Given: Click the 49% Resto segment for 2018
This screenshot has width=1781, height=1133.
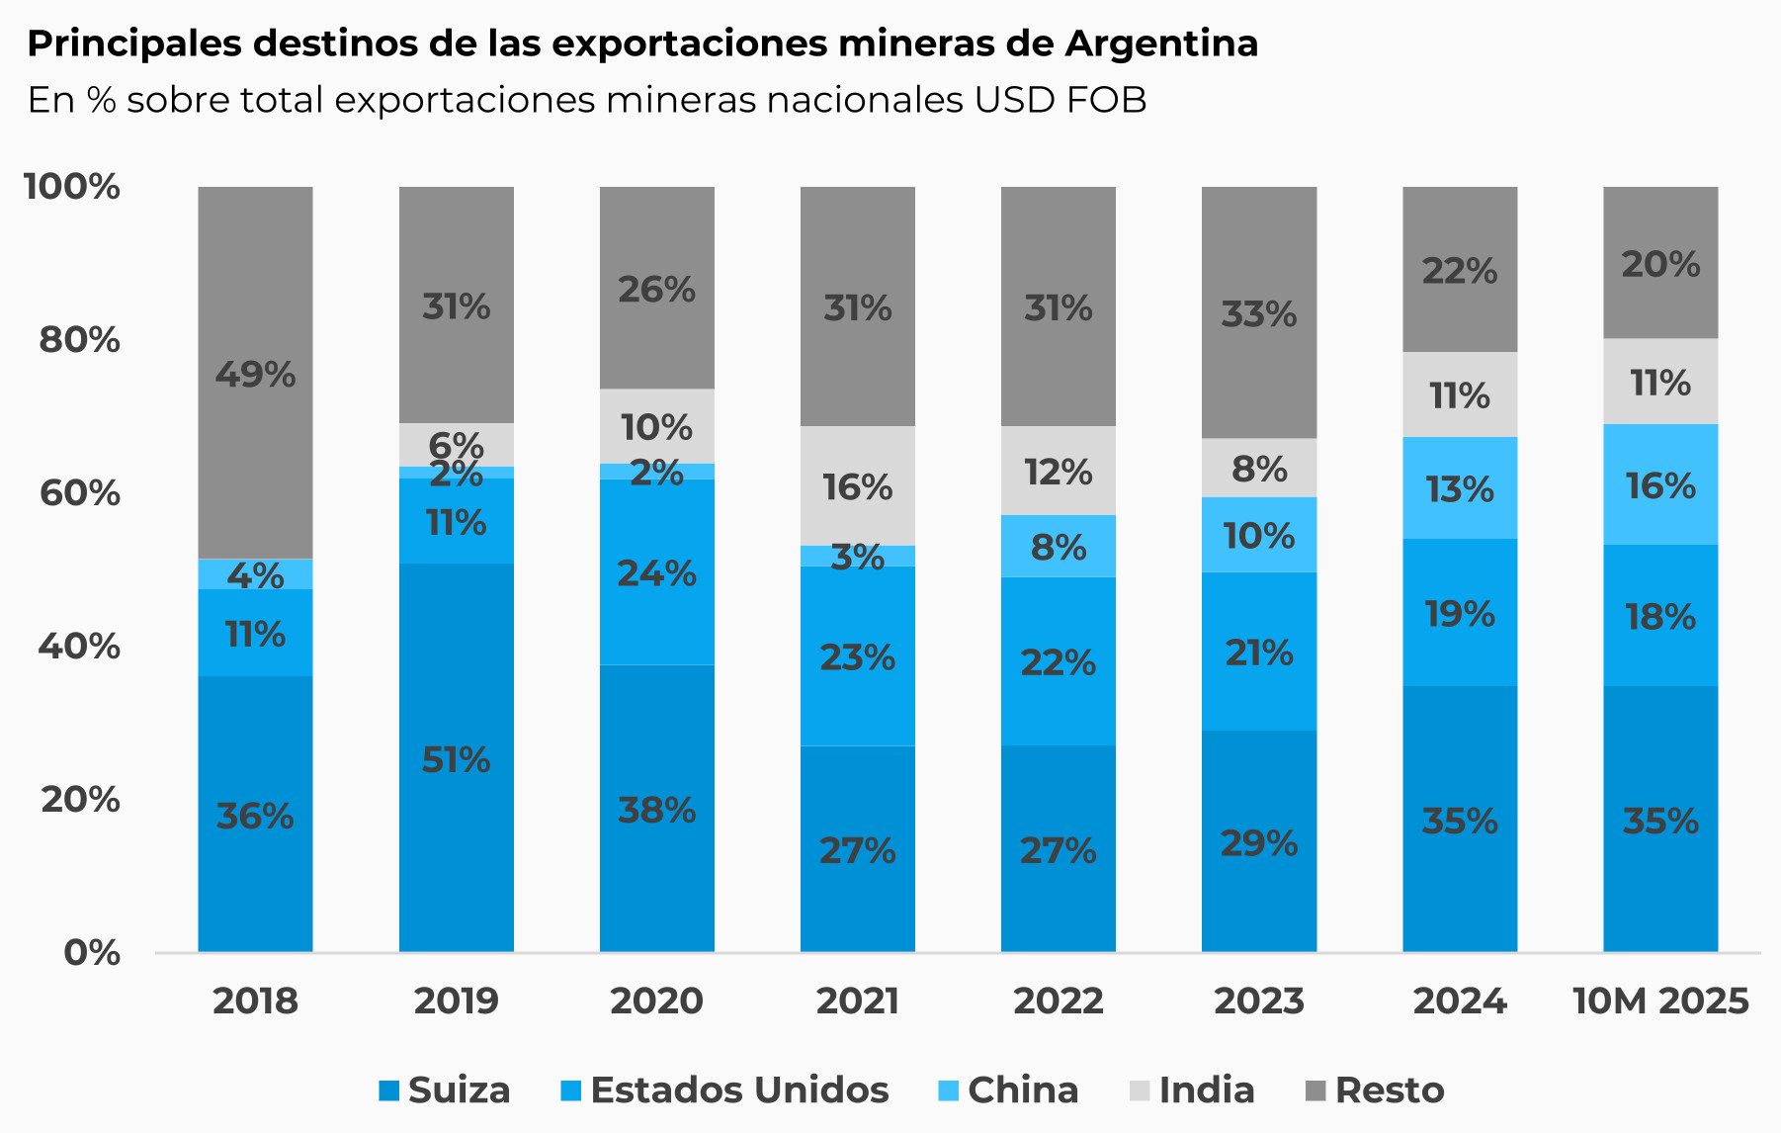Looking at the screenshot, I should pyautogui.click(x=255, y=373).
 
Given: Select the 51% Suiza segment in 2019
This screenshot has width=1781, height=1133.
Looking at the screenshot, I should pyautogui.click(x=456, y=757).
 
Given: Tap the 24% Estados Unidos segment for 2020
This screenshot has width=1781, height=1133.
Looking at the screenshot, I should pyautogui.click(x=656, y=571).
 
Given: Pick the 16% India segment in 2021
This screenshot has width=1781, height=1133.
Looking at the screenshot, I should pyautogui.click(x=857, y=485).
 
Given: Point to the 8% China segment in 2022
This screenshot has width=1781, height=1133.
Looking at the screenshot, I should pyautogui.click(x=1058, y=546).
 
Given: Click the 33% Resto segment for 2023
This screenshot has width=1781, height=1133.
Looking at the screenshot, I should pyautogui.click(x=1258, y=312).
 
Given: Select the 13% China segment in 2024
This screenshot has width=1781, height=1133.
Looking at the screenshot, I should pyautogui.click(x=1459, y=487).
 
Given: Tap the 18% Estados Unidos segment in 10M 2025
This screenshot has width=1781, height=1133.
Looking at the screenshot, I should pyautogui.click(x=1659, y=615).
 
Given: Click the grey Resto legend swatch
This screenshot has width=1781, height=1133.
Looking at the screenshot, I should pyautogui.click(x=1315, y=1090).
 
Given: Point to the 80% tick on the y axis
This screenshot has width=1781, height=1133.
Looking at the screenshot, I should pyautogui.click(x=79, y=339).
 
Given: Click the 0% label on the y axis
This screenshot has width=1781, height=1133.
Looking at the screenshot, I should pyautogui.click(x=92, y=952).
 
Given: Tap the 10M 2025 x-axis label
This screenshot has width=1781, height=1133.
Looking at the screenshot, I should pyautogui.click(x=1659, y=1001).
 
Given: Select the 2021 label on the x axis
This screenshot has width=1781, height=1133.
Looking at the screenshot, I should pyautogui.click(x=857, y=1001).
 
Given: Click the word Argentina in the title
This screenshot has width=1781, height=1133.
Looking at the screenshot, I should pyautogui.click(x=1161, y=44).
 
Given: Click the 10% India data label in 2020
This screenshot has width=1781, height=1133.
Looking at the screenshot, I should pyautogui.click(x=656, y=427).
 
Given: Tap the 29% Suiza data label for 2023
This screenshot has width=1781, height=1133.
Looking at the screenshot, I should pyautogui.click(x=1258, y=842).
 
